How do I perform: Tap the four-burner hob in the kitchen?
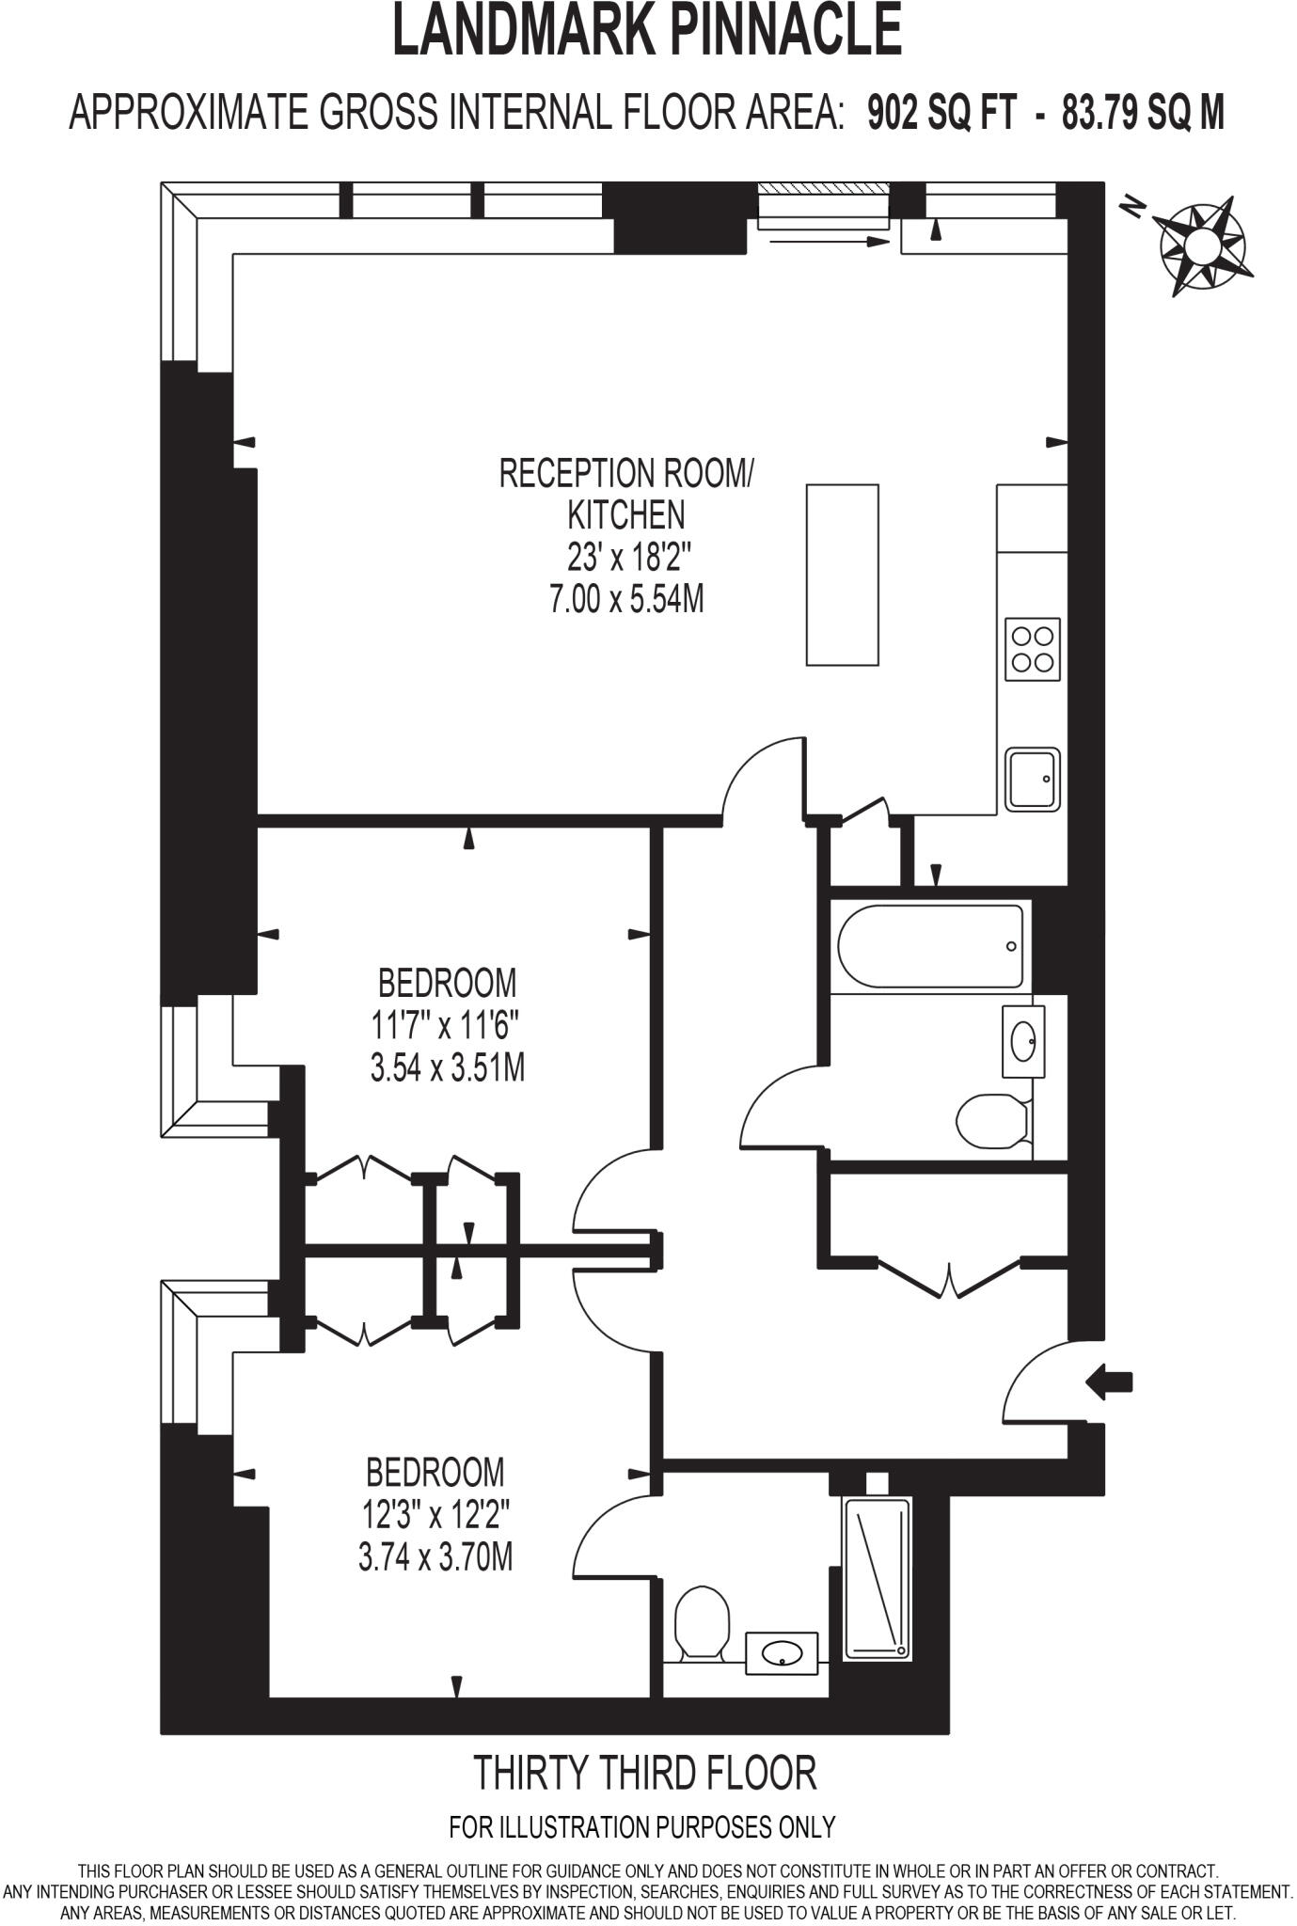1032,649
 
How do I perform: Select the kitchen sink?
1032,779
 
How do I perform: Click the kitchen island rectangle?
843,575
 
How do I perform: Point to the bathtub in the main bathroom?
929,946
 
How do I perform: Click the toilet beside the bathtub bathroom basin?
990,1121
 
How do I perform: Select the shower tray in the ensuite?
878,1578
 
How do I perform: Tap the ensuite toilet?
703,1622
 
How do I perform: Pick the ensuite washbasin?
783,1653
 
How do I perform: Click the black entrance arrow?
1110,1382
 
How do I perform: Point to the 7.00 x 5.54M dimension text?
626,599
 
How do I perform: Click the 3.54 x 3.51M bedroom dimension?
448,1067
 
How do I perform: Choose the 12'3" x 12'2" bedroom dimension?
436,1515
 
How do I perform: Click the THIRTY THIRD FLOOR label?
645,1772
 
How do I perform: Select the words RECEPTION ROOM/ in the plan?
626,473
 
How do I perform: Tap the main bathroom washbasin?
1023,1041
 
